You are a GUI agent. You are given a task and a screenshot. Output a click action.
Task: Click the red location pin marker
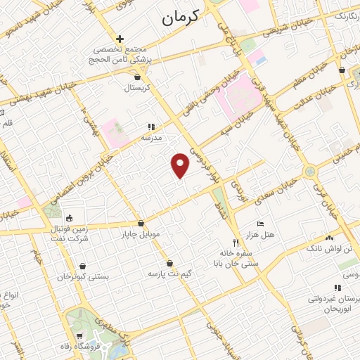[181, 165]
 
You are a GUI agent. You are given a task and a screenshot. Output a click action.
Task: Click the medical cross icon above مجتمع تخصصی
[120, 39]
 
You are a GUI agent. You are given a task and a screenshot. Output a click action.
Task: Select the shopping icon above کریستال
[137, 78]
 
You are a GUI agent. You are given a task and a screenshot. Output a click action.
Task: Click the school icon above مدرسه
[150, 127]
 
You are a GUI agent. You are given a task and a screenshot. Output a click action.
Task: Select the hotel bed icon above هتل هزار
[261, 224]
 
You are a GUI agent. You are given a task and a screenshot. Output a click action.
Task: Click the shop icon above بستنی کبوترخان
[84, 266]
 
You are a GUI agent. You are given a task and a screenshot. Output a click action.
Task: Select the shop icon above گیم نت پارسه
[169, 263]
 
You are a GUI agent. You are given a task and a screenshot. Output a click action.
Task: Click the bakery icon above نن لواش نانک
[329, 239]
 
